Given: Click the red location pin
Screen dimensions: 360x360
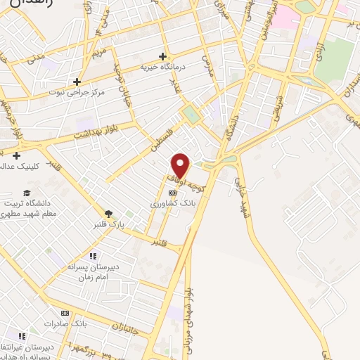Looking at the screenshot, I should click(181, 166).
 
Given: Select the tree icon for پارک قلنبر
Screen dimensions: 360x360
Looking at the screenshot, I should click(108, 213).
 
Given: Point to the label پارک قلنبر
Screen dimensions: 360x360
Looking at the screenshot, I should click(109, 225).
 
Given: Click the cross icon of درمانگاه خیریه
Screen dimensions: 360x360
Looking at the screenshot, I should click(163, 56).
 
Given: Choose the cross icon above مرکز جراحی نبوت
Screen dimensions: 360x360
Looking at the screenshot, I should click(77, 82).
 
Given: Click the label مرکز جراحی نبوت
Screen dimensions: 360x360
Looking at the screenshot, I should click(77, 93).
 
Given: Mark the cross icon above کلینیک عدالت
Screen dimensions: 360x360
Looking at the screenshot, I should click(15, 155).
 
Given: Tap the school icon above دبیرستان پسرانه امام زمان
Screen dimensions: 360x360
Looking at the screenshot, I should click(92, 256).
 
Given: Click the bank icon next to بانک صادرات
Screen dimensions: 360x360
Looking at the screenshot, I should click(65, 313).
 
